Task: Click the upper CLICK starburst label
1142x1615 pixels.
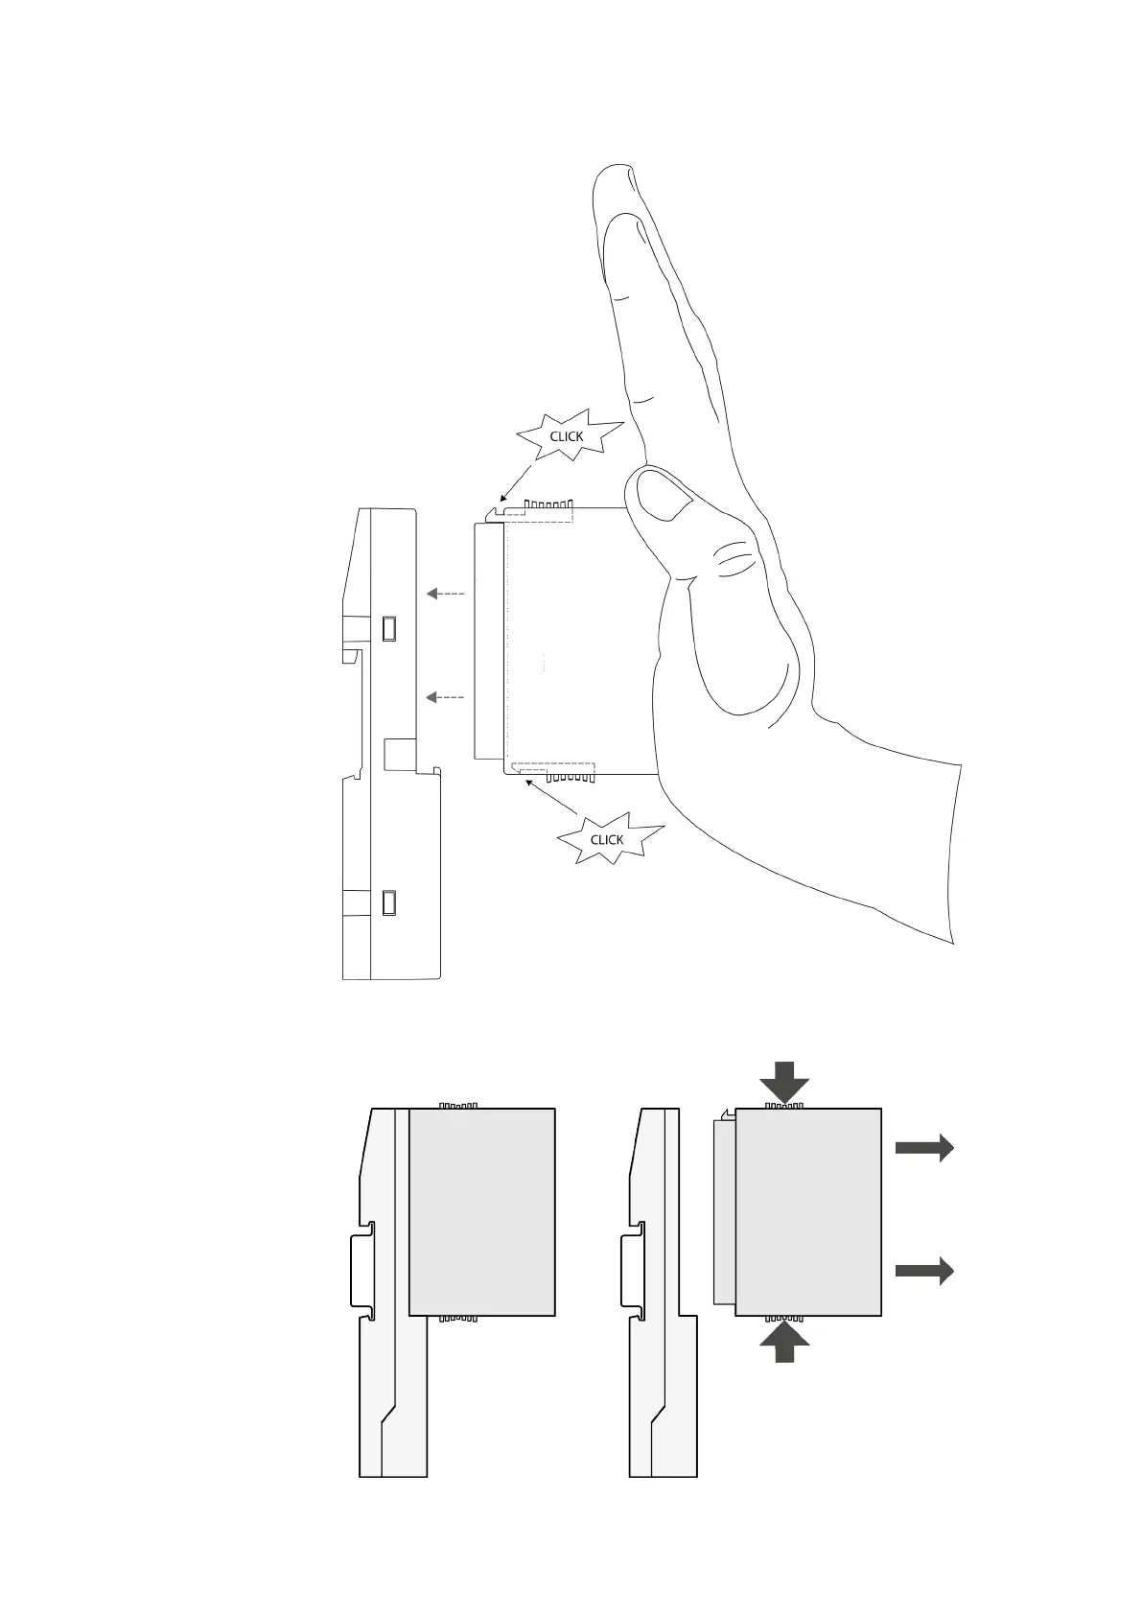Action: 567,436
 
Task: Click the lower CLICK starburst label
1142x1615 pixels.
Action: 607,839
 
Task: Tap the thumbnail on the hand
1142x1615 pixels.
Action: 665,500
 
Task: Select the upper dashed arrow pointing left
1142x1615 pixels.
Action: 446,594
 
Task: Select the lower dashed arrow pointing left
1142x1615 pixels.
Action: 446,697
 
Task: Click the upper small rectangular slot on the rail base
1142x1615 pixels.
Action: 389,628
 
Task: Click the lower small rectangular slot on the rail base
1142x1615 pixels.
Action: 389,902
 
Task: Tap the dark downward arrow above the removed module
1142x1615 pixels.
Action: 784,1081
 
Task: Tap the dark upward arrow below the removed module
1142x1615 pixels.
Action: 784,1342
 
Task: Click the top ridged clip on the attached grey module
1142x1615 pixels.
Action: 457,1105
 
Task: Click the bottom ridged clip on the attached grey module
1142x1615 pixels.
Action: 457,1319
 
